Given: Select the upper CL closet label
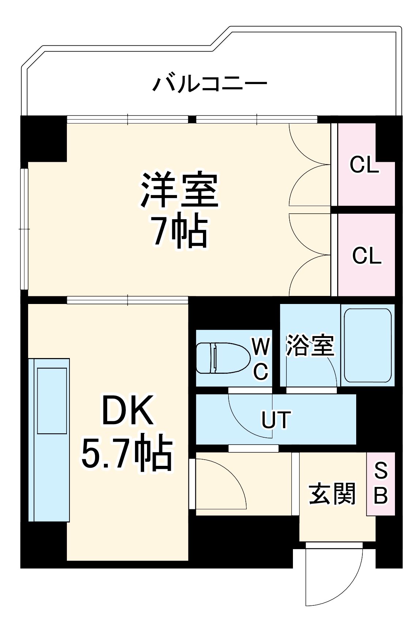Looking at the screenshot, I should (364, 165).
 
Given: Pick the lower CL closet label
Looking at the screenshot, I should (367, 255).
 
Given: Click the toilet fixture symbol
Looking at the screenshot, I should (222, 358).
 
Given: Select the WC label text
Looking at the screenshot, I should (261, 359).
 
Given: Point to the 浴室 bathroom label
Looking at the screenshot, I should (310, 345).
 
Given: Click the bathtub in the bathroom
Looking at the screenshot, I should (368, 345).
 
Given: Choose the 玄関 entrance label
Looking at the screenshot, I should (332, 494).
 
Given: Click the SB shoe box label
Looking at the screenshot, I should (381, 483).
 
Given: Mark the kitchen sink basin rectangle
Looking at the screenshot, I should (52, 401).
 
